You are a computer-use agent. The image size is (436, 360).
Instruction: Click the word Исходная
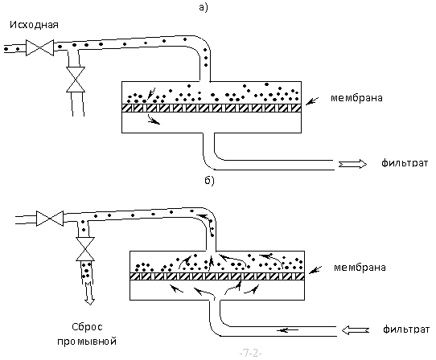(35, 25)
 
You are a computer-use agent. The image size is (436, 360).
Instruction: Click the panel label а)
(204, 7)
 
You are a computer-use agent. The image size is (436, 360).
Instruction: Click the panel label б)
(210, 181)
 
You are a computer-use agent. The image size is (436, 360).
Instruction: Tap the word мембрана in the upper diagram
(356, 98)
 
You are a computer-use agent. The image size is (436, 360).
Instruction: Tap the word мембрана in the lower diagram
(360, 268)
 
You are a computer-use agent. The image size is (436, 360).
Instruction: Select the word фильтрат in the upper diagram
(405, 163)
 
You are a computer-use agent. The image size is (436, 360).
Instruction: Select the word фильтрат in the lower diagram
(406, 329)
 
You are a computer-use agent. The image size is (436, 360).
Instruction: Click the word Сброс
(88, 327)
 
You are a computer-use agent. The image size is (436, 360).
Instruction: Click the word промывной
(87, 341)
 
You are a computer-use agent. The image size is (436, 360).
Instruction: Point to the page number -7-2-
(250, 354)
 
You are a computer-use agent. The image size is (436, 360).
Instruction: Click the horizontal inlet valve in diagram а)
(39, 47)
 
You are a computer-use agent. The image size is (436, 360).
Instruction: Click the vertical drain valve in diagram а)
(76, 80)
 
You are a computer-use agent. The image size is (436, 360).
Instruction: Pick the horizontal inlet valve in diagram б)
(50, 218)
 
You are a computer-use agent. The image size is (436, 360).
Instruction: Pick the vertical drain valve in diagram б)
(85, 249)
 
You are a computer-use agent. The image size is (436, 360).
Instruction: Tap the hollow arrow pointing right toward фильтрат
(352, 164)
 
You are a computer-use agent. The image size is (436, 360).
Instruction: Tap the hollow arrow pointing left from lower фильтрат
(356, 330)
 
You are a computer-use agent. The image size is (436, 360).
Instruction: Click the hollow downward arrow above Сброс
(89, 293)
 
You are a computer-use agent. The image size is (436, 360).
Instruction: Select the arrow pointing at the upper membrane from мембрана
(313, 101)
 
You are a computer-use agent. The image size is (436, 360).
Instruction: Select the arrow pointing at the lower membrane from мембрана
(315, 270)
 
